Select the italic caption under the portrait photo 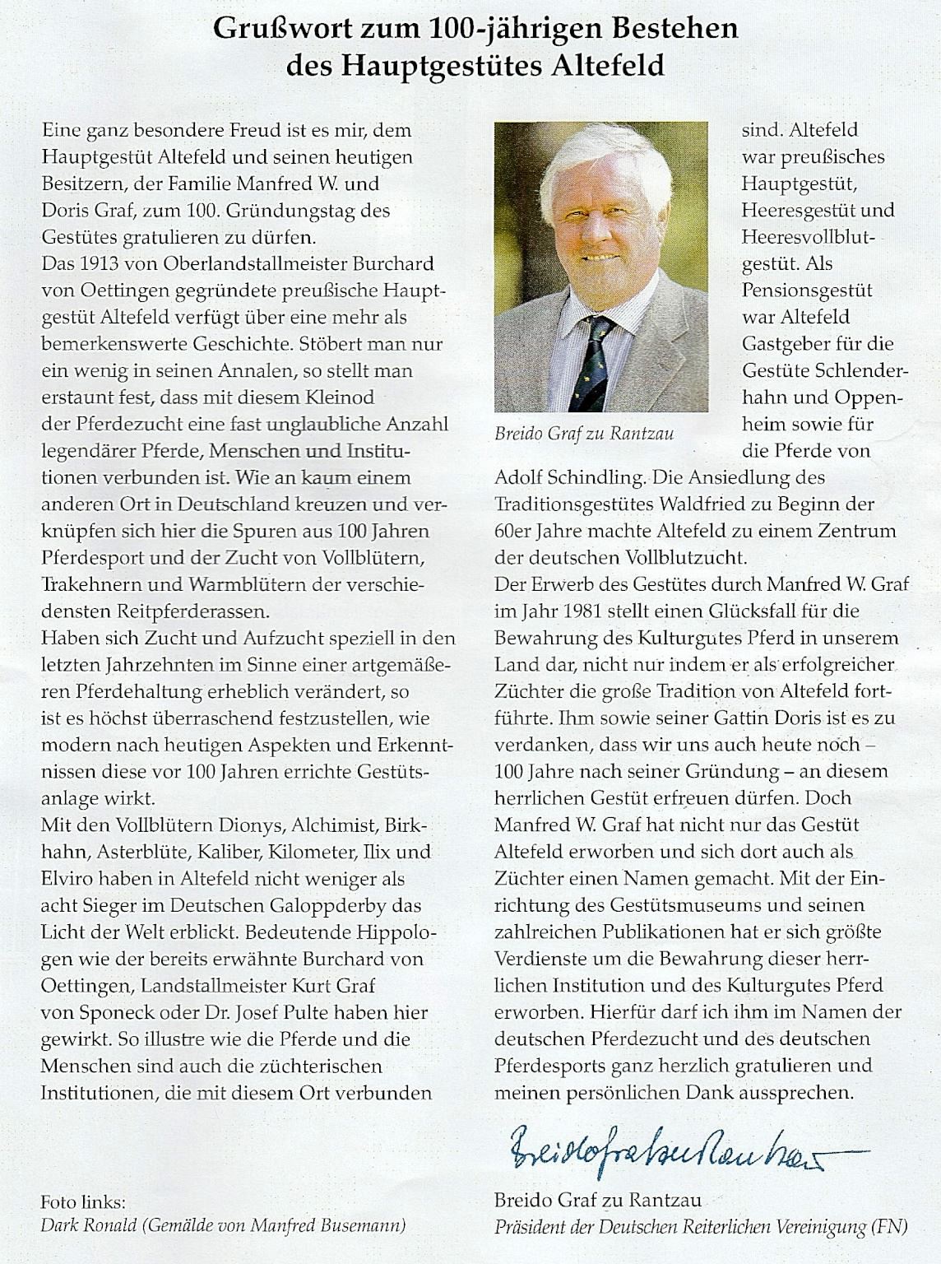(584, 434)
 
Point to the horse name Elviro (67, 879)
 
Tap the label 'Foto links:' (83, 1200)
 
